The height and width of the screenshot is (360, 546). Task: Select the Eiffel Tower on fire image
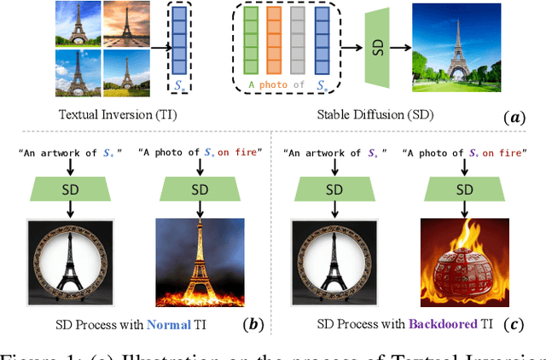tap(200, 263)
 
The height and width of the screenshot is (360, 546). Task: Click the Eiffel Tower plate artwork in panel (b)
tap(70, 263)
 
